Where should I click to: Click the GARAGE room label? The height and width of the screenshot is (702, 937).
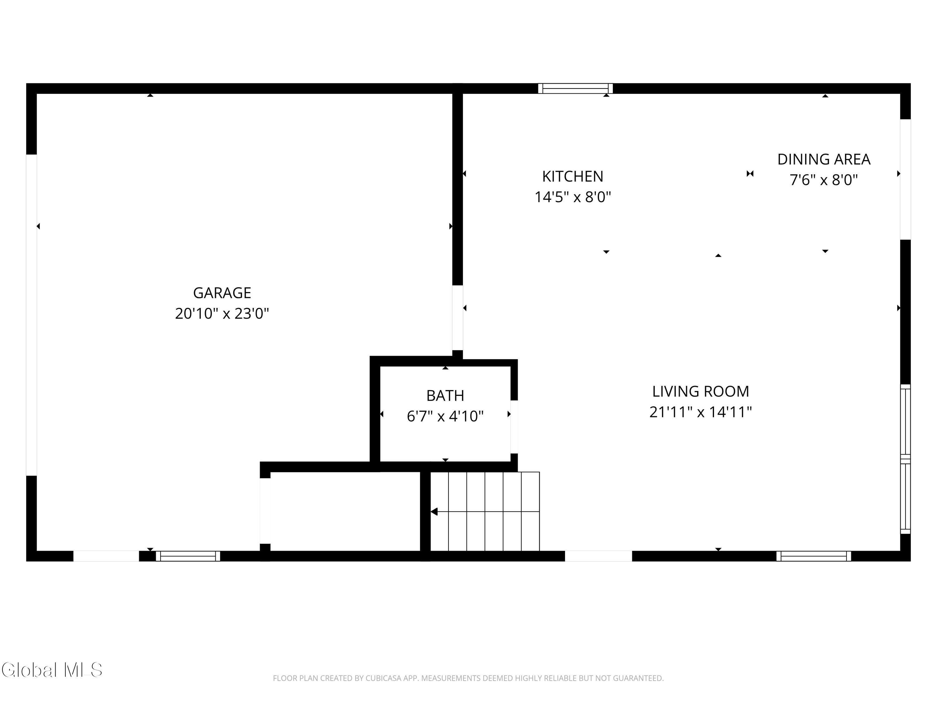tap(222, 293)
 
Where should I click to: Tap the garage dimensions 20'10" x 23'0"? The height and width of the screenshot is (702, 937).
tap(222, 314)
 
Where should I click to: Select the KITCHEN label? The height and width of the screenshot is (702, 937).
tap(573, 177)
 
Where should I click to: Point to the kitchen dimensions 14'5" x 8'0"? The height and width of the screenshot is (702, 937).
tap(573, 197)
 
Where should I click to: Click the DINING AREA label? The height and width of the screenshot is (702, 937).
tap(824, 159)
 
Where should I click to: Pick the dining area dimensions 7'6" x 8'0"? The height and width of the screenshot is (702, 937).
tap(824, 180)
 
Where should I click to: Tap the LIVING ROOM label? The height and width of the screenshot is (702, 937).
tap(701, 392)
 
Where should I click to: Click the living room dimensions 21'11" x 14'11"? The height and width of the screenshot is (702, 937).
tap(701, 412)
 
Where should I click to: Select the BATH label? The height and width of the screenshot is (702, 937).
tap(445, 396)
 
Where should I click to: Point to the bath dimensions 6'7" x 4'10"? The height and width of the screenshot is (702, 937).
tap(445, 417)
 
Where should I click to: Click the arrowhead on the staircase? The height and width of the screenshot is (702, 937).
tap(434, 512)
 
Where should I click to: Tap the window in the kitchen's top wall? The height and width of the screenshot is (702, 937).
tap(575, 88)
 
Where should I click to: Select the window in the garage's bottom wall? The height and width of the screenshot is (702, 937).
tap(188, 556)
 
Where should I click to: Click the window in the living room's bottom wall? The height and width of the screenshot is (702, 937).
tap(814, 556)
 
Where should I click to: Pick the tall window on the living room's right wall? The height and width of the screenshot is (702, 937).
tap(905, 459)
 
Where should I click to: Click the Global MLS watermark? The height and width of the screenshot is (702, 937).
tap(52, 670)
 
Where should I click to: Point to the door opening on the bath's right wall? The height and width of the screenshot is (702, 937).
tap(514, 427)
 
